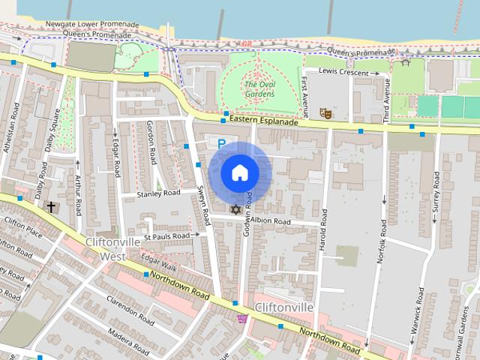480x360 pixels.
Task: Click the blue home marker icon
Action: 239,173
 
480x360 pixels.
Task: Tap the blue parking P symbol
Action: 221,142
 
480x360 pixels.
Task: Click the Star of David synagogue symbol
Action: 235,209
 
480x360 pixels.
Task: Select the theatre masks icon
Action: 325,113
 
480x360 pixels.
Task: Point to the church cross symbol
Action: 52,206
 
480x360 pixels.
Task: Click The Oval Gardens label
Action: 259,89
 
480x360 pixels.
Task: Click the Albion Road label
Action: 270,222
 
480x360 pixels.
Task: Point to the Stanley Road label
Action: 159,193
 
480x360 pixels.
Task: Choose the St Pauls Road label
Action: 167,236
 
